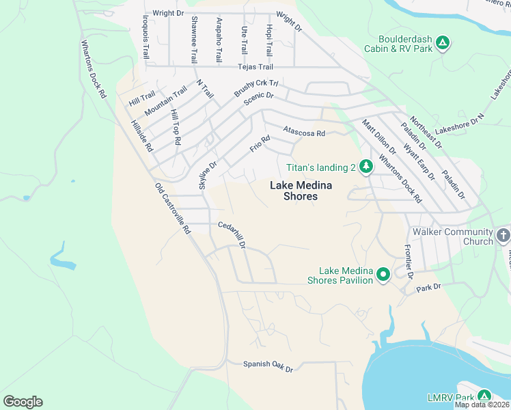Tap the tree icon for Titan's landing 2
366,166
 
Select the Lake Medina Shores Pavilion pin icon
383,275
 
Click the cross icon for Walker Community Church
503,236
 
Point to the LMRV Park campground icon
484,396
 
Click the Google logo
23,402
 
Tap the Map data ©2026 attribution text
482,405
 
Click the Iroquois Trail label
146,36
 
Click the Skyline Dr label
207,176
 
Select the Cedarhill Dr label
232,234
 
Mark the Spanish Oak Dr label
268,366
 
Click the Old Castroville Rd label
172,209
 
